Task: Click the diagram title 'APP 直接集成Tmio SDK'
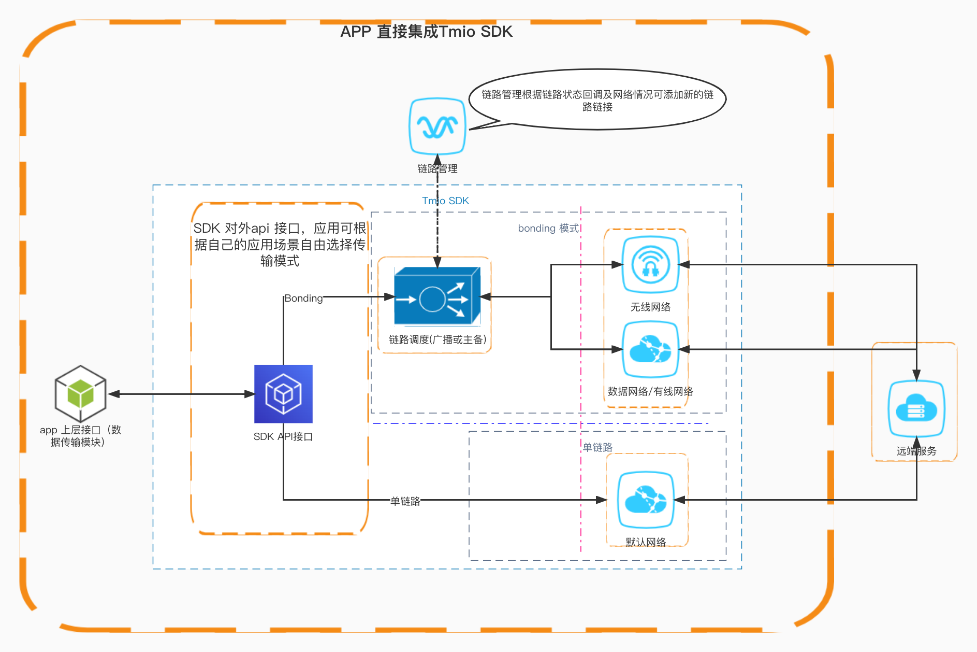[x=426, y=32]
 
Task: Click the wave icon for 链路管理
[x=438, y=126]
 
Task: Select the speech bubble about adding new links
[x=597, y=100]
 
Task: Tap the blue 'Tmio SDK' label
[x=446, y=201]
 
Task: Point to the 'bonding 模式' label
[x=548, y=228]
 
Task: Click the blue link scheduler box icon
[x=437, y=296]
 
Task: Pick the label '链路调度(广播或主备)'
[x=438, y=339]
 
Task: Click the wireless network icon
[x=650, y=264]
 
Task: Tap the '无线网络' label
[x=650, y=307]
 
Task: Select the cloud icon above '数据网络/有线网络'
[x=650, y=349]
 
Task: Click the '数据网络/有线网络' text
[x=650, y=391]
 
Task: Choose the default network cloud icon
[x=646, y=500]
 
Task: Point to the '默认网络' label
[x=646, y=542]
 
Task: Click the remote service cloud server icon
[x=916, y=409]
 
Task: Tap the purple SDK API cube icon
[x=283, y=394]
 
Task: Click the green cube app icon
[x=81, y=393]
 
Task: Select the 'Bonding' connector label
[x=303, y=298]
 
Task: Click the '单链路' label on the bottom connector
[x=405, y=501]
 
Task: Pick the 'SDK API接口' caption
[x=283, y=436]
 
